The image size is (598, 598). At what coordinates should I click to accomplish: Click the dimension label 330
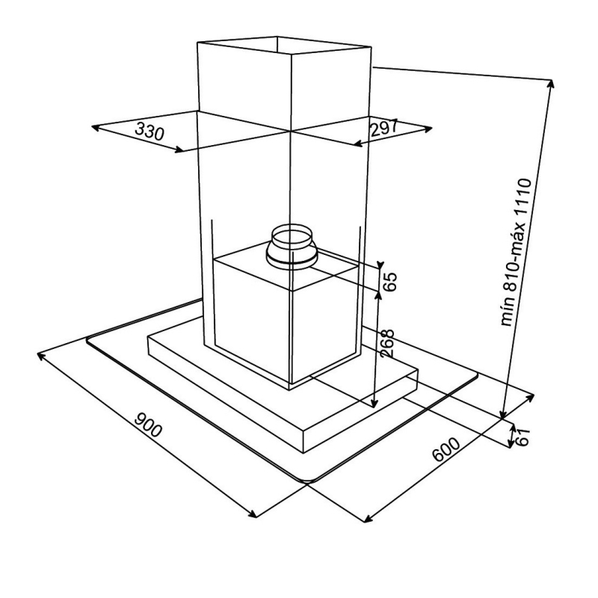149,131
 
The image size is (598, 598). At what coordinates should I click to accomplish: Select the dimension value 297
384,127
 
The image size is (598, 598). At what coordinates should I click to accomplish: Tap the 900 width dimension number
148,424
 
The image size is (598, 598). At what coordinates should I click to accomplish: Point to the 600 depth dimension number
446,449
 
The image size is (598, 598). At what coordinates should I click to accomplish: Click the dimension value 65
389,282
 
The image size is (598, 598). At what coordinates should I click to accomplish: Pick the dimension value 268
386,343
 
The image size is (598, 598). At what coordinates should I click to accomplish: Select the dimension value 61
523,437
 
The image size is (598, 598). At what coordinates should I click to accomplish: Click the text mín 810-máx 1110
517,252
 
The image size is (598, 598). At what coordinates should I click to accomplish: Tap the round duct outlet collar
292,247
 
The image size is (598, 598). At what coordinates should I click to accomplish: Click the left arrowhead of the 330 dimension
96,128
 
